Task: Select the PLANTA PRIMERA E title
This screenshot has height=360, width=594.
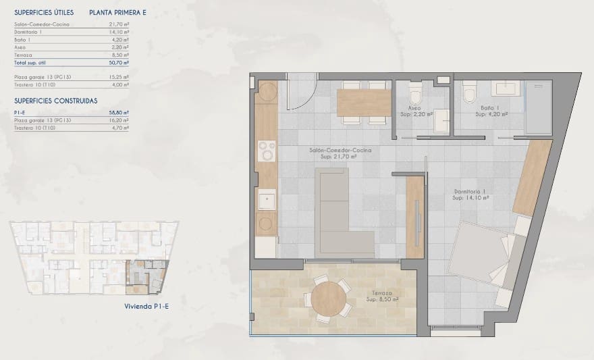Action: [x=117, y=13]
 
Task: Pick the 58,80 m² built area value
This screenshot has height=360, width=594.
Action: [x=121, y=112]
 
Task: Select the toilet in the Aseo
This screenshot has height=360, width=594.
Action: [x=415, y=93]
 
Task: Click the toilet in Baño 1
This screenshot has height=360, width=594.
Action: [x=470, y=92]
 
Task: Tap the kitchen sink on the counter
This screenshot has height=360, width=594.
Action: [x=267, y=200]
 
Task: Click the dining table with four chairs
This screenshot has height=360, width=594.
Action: [x=364, y=103]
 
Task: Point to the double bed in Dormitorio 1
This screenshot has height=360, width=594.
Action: [x=483, y=253]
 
